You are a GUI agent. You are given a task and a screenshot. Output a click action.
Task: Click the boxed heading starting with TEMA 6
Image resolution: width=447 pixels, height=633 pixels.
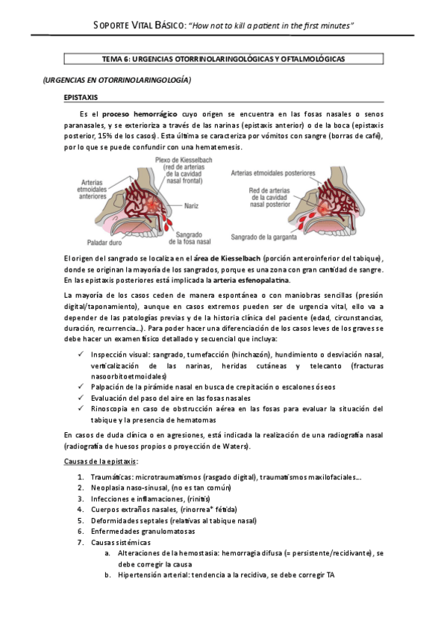223,59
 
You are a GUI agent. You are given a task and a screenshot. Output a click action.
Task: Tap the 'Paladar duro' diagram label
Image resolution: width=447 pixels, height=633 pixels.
106,241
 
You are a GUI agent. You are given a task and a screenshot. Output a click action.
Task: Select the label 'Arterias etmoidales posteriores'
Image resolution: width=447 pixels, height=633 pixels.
274,172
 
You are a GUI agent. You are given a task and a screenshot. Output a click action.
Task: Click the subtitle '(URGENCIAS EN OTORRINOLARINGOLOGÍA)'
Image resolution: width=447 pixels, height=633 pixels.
116,79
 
